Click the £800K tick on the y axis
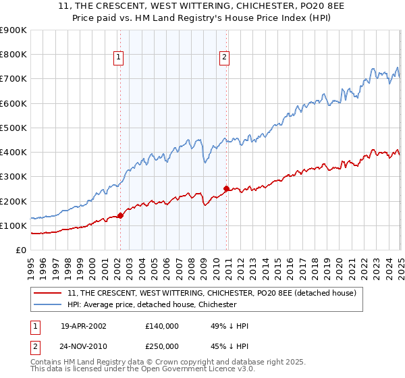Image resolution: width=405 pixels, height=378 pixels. (13, 55)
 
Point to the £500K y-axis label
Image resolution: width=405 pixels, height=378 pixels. (13, 128)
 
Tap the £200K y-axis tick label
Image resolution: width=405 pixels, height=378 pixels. (13, 201)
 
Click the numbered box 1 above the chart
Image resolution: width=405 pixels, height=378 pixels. (119, 58)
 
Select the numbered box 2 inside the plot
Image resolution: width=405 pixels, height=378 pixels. (223, 58)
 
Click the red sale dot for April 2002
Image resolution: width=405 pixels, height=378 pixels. (120, 216)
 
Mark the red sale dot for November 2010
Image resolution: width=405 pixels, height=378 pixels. (226, 189)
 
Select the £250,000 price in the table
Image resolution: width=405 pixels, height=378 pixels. (161, 346)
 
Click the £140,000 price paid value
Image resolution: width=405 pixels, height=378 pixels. (161, 326)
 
